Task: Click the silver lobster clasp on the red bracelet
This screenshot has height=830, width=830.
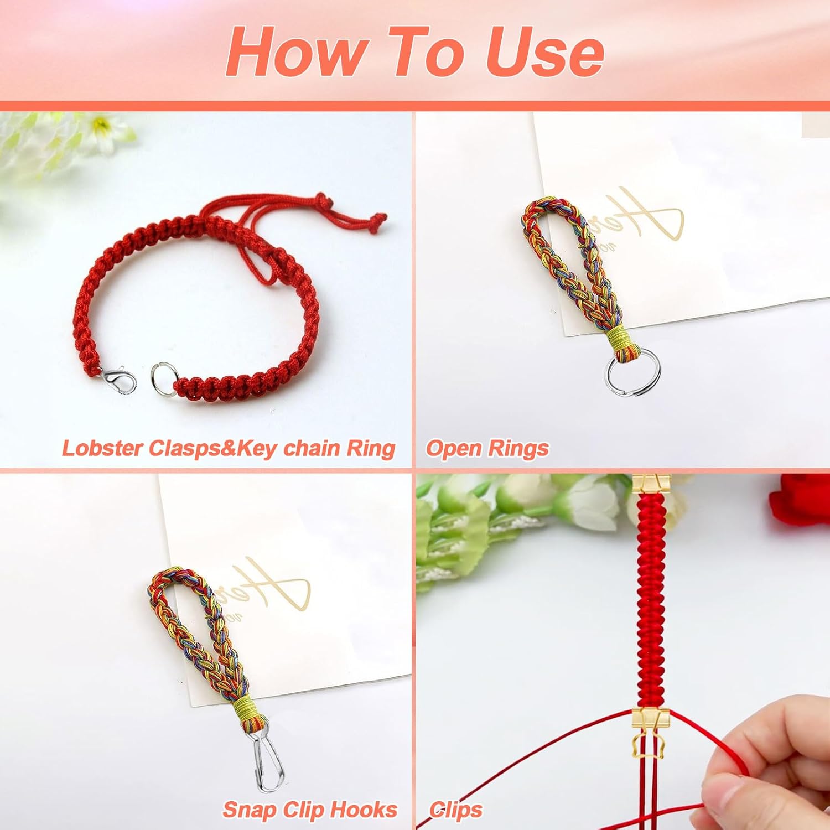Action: [x=120, y=381]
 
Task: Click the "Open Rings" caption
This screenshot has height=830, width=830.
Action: [x=487, y=448]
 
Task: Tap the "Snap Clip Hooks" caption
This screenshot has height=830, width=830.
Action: [x=310, y=810]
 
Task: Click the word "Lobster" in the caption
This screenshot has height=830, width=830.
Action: [x=102, y=448]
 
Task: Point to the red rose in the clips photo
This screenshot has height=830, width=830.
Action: [x=800, y=498]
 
